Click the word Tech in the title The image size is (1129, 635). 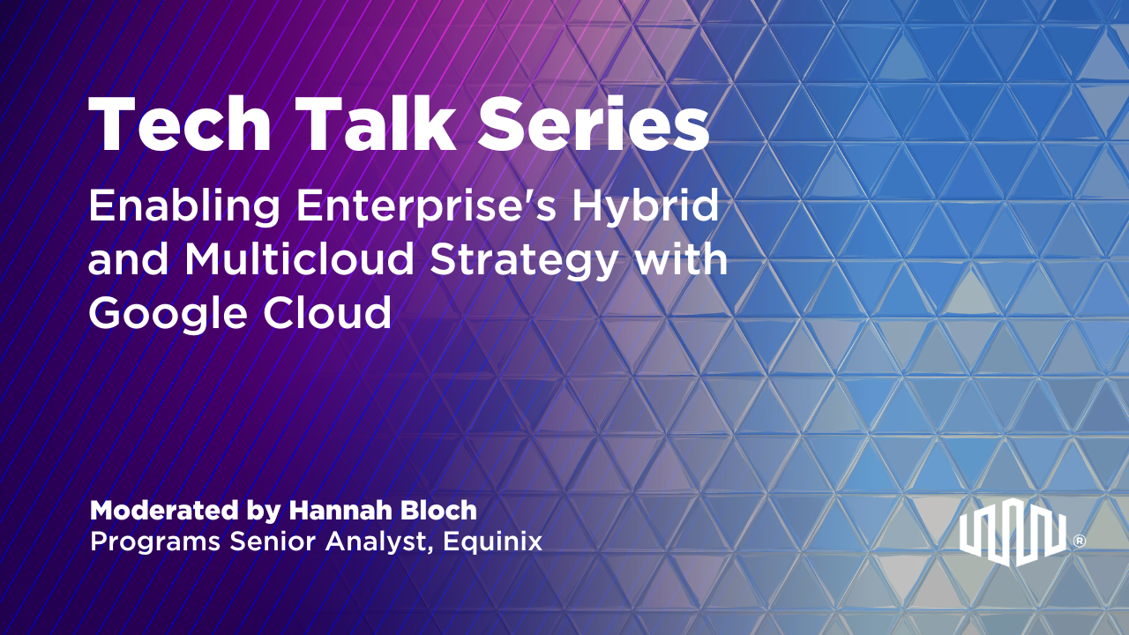point(181,123)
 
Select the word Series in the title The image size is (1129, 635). point(594,123)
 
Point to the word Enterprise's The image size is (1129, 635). point(426,206)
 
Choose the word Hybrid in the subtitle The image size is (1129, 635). point(645,206)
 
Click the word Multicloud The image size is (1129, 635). point(299,258)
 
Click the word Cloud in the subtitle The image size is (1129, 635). point(327,312)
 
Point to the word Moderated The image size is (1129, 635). point(164,510)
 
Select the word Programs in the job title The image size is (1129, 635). point(155,542)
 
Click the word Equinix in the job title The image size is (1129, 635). point(492,542)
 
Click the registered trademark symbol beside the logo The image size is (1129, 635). point(1080,541)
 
